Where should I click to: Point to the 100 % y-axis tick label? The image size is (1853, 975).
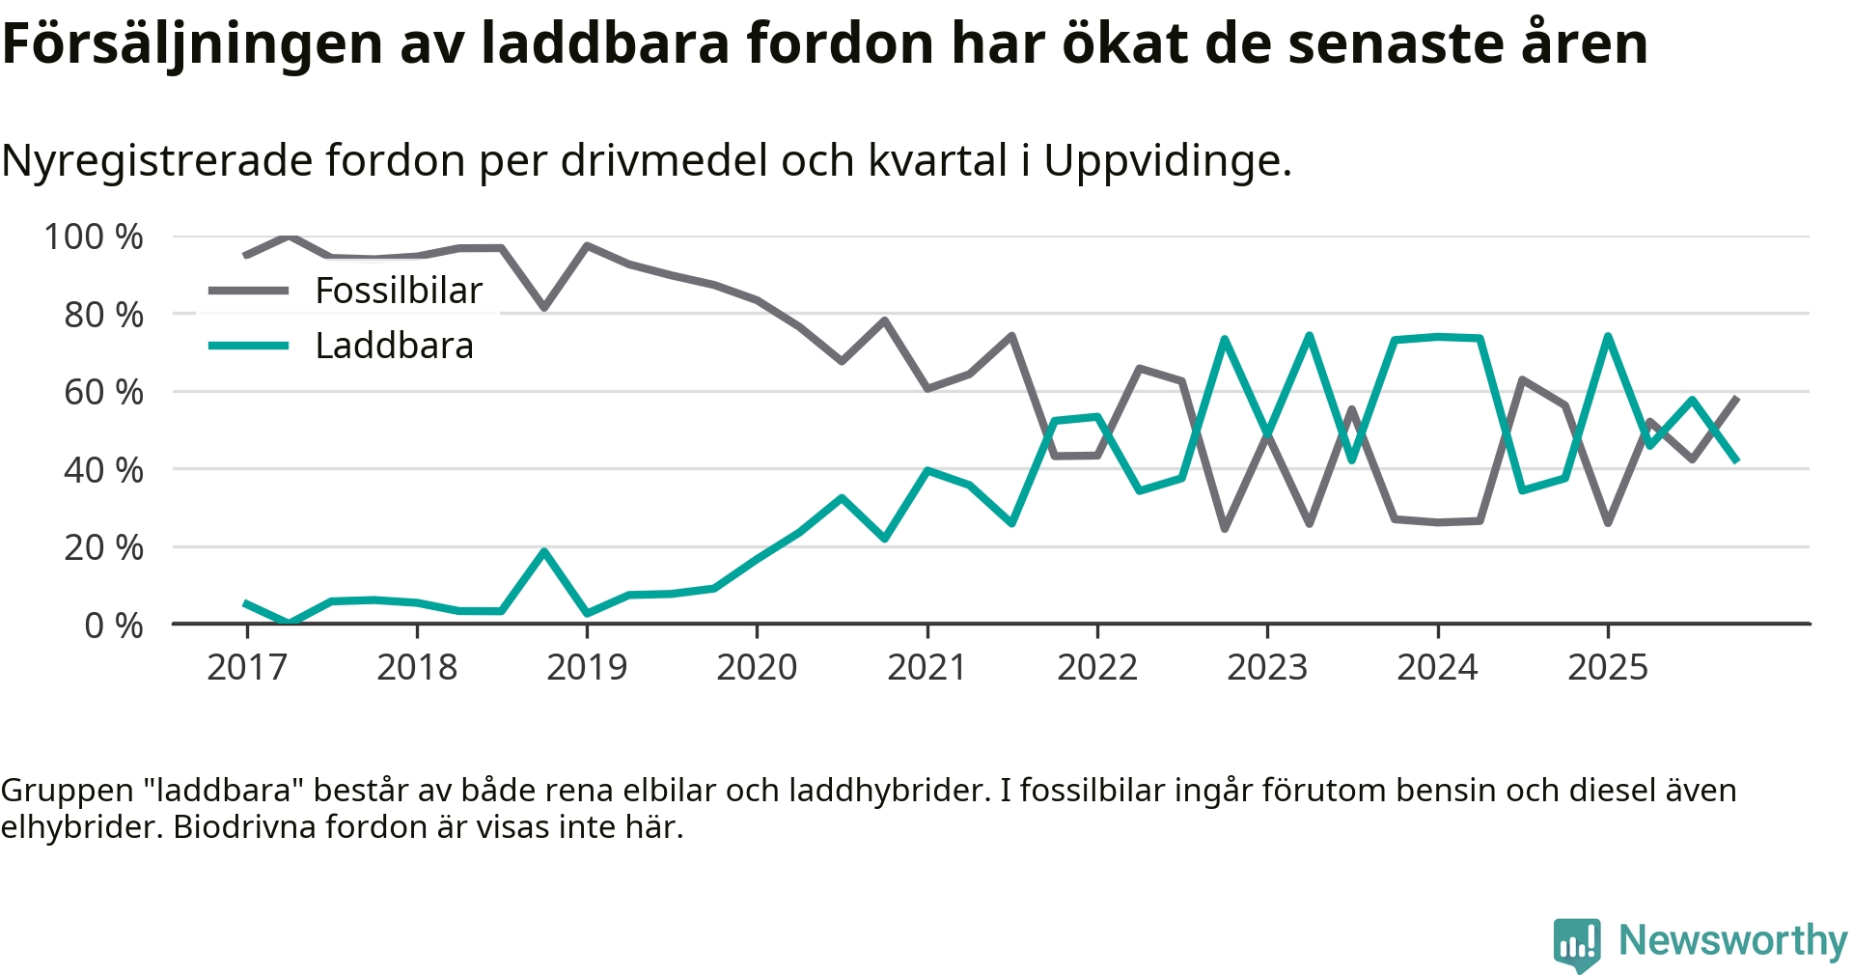coord(94,237)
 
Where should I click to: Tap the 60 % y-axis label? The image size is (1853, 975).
coord(103,392)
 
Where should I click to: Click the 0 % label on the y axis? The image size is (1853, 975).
coord(114,626)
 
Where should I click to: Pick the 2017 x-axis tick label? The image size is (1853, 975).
coord(247,667)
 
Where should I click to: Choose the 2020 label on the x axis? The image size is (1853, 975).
coord(757,667)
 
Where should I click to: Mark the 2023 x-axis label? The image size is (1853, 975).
coord(1267,667)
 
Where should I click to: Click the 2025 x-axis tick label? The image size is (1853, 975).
coord(1608,667)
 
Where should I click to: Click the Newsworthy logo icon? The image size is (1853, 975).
coord(1577,944)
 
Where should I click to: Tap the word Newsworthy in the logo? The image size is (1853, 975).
coord(1732,940)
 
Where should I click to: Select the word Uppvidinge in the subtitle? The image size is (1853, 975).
coord(1166,160)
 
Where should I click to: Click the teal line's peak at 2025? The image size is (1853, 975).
coord(1608,336)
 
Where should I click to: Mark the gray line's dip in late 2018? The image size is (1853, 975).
coord(544,308)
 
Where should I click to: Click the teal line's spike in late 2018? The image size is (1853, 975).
coord(544,551)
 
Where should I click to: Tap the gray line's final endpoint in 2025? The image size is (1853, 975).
coord(1736,398)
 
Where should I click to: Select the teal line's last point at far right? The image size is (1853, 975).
coord(1736,460)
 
